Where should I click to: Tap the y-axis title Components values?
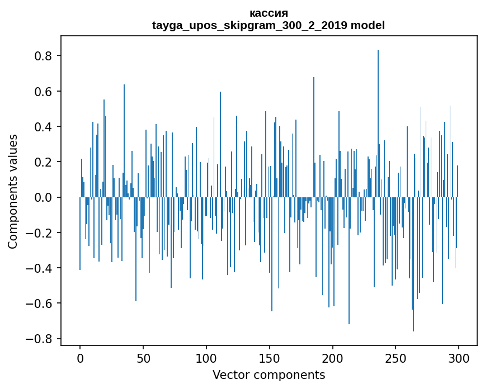coord(13,191)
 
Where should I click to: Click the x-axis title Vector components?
coord(269,374)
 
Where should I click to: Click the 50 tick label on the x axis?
coord(143,358)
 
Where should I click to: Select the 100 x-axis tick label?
coord(206,358)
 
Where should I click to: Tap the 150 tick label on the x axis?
coord(270,358)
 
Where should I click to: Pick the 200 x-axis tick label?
coord(333,358)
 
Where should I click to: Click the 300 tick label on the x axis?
coord(459,358)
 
